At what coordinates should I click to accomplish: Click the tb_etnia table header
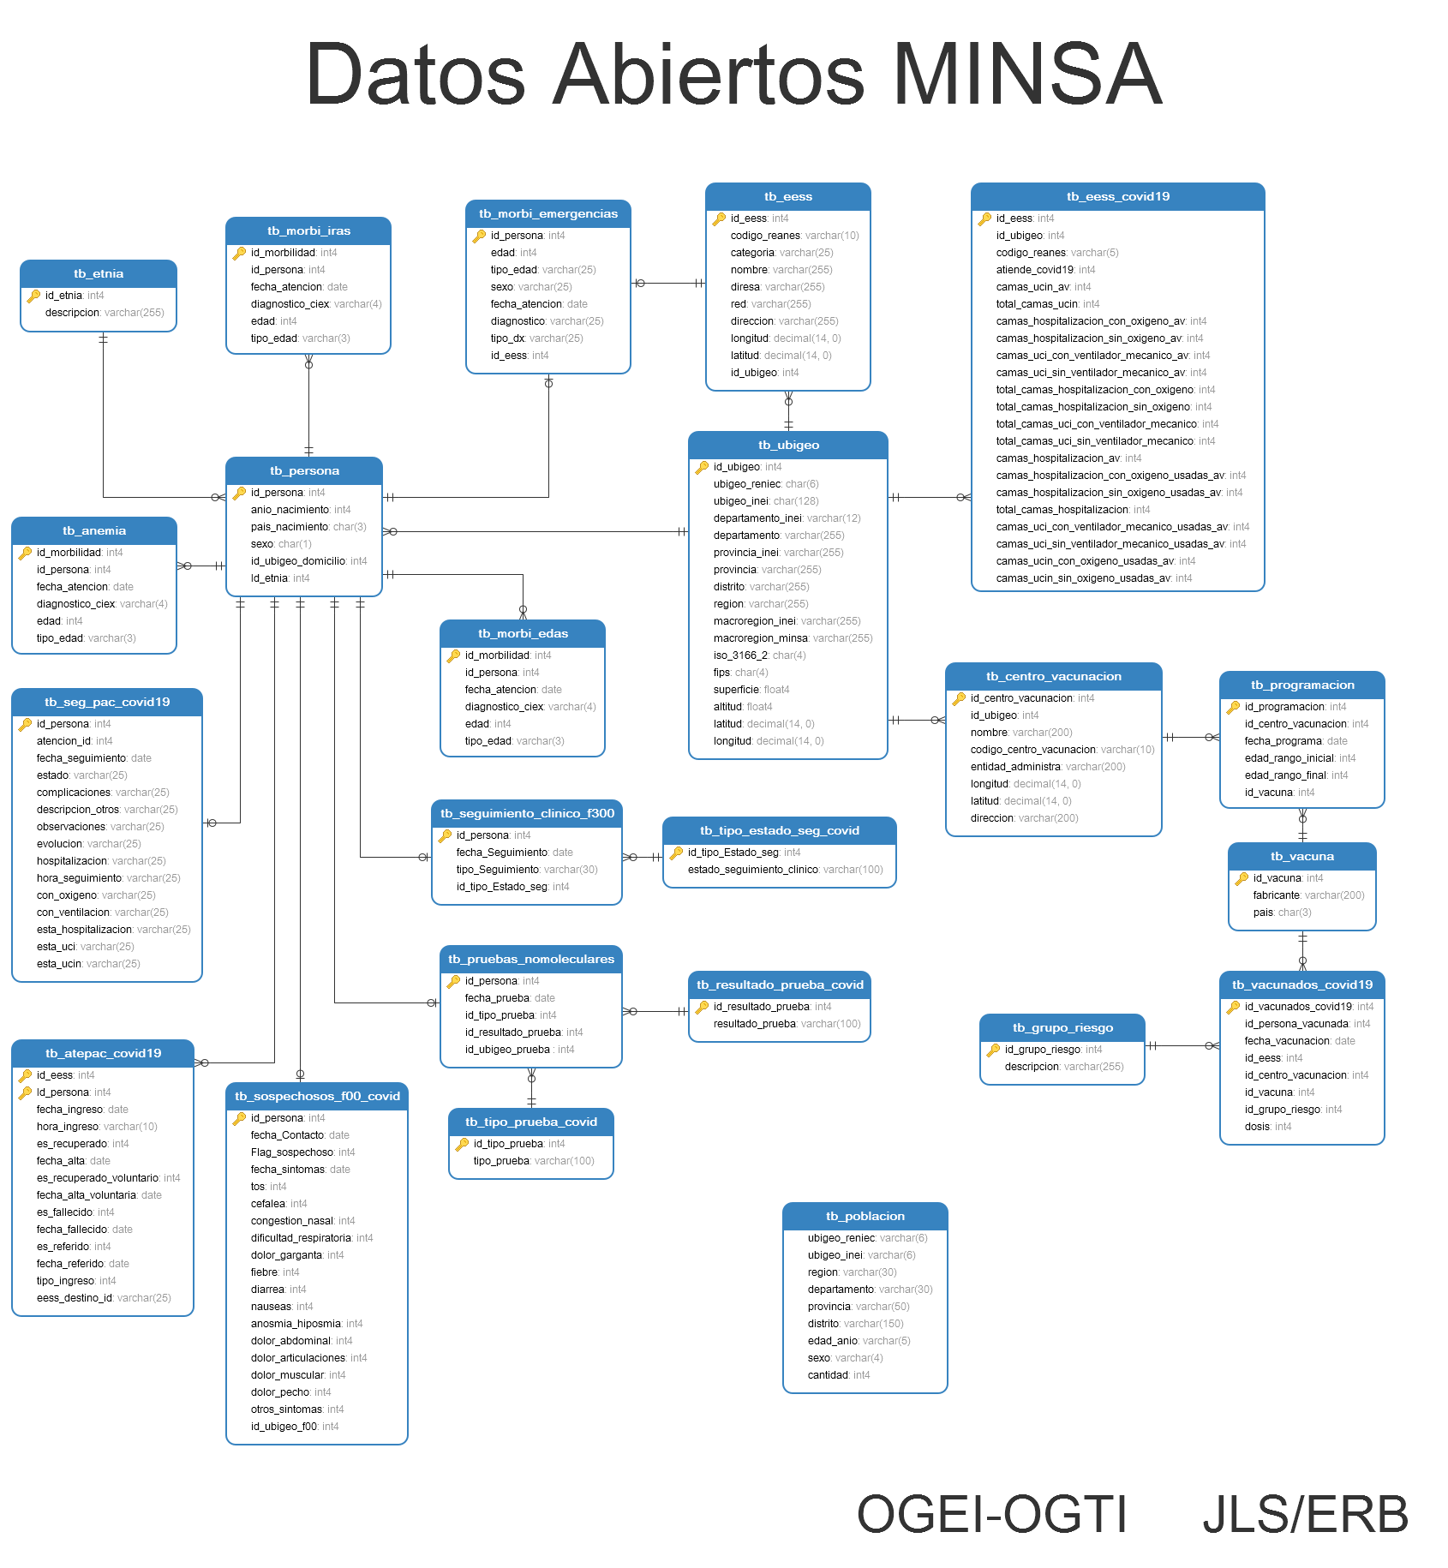coord(99,274)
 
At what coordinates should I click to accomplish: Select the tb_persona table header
coord(304,471)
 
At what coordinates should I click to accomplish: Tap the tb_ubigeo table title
coord(788,446)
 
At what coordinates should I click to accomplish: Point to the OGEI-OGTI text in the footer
coord(991,1514)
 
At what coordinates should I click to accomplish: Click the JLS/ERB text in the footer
coord(1305,1514)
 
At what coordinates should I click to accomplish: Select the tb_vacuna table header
coord(1301,857)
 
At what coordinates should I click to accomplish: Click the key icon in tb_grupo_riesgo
coord(994,1050)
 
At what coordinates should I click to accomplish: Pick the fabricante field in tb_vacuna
coord(1276,895)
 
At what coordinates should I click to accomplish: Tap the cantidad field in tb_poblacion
coord(828,1375)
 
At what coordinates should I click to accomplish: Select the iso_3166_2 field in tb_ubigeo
coord(740,655)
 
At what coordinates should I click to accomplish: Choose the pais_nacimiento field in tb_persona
coord(290,527)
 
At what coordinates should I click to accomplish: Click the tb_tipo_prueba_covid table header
coord(531,1122)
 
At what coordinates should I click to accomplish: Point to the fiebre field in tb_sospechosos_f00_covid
coord(264,1272)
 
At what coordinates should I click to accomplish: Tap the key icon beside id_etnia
coord(34,296)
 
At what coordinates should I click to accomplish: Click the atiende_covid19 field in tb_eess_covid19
coord(1034,270)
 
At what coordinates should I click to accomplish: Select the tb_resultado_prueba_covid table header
coord(780,985)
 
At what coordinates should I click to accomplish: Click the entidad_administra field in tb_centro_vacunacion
coord(1015,767)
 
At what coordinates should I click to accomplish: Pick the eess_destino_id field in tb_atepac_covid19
coord(75,1298)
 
